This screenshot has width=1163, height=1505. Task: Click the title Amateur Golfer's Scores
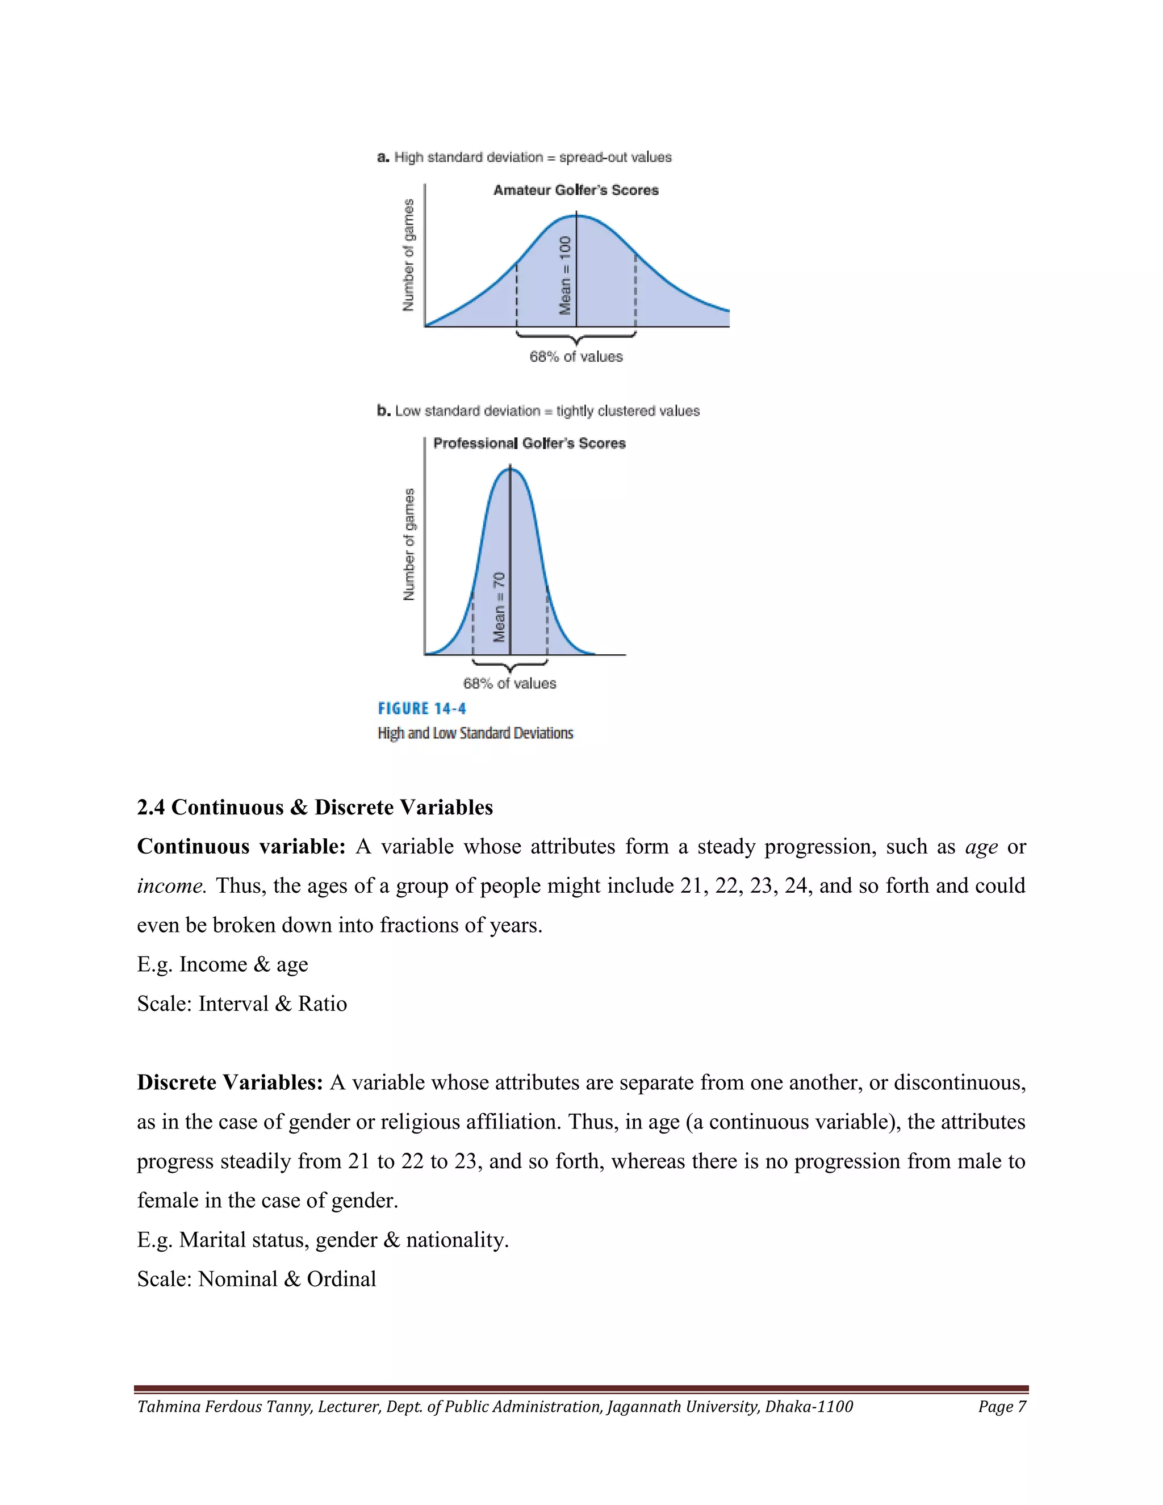pyautogui.click(x=575, y=190)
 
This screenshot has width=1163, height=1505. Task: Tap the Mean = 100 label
pyautogui.click(x=566, y=275)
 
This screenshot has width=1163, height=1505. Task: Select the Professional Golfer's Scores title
pyautogui.click(x=529, y=443)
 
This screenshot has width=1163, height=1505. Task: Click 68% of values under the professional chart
pyautogui.click(x=509, y=684)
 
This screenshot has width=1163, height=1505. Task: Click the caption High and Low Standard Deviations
pyautogui.click(x=475, y=733)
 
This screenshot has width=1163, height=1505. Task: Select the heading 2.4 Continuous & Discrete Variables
pyautogui.click(x=315, y=807)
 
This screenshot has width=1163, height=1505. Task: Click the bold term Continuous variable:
pyautogui.click(x=241, y=846)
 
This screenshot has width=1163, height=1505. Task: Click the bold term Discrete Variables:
pyautogui.click(x=230, y=1082)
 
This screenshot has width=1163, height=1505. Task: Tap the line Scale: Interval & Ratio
pyautogui.click(x=242, y=1004)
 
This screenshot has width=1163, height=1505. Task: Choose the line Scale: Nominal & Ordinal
pyautogui.click(x=256, y=1279)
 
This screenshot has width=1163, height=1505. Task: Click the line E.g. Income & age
pyautogui.click(x=223, y=964)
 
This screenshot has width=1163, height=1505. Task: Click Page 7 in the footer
pyautogui.click(x=1002, y=1406)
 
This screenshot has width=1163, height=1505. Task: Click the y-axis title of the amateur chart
pyautogui.click(x=408, y=255)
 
